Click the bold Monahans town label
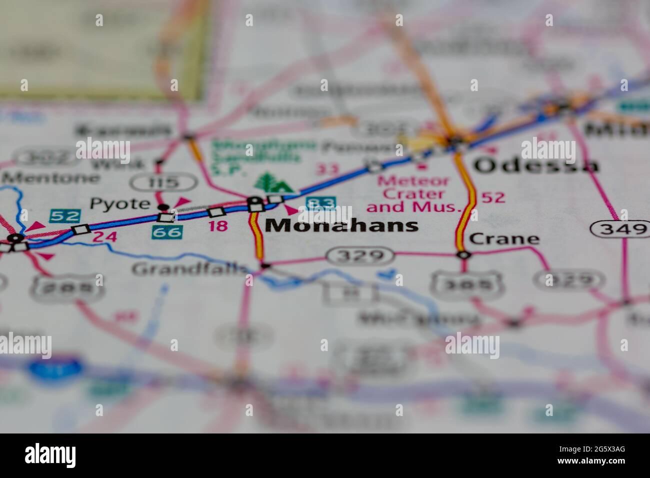pyautogui.click(x=341, y=225)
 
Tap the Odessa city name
pyautogui.click(x=535, y=165)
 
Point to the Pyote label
pyautogui.click(x=120, y=203)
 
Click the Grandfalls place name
pyautogui.click(x=189, y=269)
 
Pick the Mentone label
pyautogui.click(x=50, y=177)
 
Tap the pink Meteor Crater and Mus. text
pyautogui.click(x=413, y=194)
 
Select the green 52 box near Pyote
pyautogui.click(x=65, y=216)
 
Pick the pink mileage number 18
pyautogui.click(x=218, y=226)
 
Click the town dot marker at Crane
pyautogui.click(x=464, y=255)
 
